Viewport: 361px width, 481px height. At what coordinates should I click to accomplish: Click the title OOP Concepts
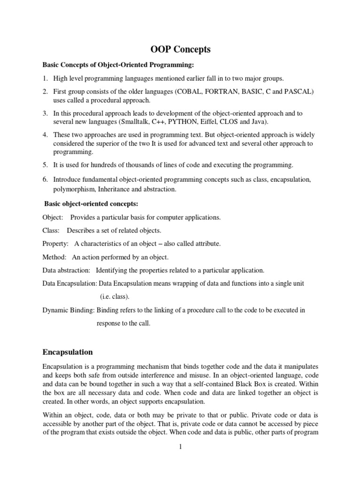click(180, 49)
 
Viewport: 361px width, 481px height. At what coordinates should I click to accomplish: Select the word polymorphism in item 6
click(74, 189)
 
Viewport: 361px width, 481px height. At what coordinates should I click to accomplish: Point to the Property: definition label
click(55, 244)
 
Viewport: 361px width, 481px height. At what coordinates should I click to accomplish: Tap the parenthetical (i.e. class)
click(115, 297)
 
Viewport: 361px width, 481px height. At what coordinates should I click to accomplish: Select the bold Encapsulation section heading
click(67, 352)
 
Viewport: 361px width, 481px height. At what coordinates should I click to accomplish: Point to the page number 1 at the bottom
click(180, 447)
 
